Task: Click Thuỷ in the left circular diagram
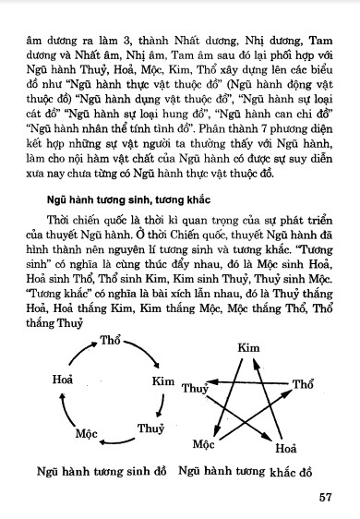point(149,428)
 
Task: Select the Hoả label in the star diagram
point(288,451)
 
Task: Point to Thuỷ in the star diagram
point(194,389)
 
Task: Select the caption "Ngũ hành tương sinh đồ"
point(100,472)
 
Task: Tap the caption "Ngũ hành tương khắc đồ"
point(250,473)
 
